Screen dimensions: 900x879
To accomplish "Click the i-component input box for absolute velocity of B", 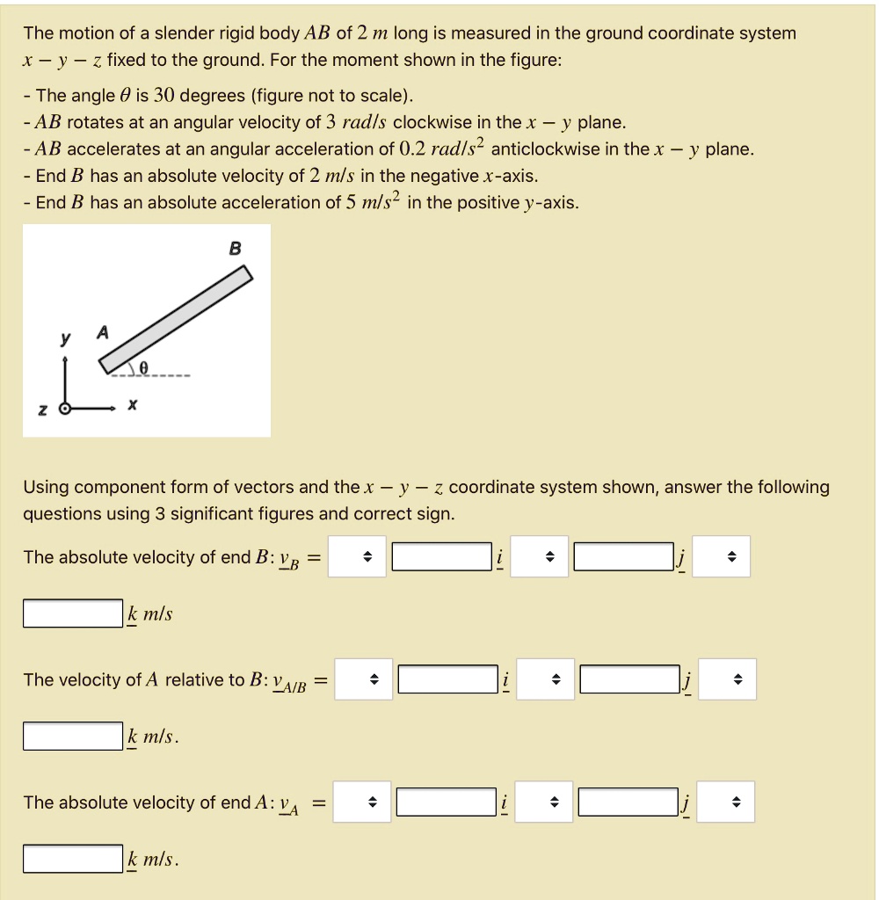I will click(x=441, y=557).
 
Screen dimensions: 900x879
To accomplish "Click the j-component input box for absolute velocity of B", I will click(x=623, y=557).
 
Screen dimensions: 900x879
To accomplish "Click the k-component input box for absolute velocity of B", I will click(x=73, y=613).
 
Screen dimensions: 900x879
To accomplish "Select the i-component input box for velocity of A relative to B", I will click(x=447, y=679).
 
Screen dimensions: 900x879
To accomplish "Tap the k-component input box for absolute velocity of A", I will click(x=73, y=859).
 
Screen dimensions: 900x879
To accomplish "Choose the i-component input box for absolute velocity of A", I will click(x=447, y=802).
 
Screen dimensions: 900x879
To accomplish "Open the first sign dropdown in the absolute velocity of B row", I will click(x=357, y=557).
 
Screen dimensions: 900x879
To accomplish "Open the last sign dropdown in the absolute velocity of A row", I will click(x=726, y=802).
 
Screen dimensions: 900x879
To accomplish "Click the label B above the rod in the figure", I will click(x=235, y=249).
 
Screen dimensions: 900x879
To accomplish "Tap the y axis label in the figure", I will click(x=64, y=340).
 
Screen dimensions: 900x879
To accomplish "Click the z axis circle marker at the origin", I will click(x=63, y=409).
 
